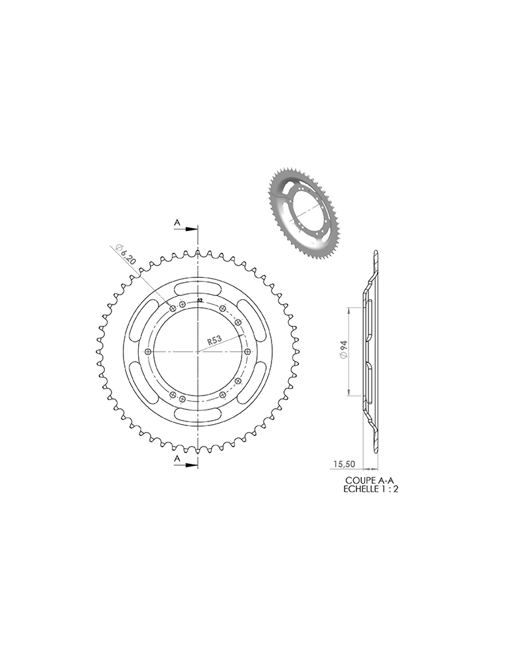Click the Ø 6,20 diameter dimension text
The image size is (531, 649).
[125, 255]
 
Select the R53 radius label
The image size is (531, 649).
[214, 339]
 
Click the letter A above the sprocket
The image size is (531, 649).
[177, 222]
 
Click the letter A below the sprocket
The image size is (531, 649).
[177, 459]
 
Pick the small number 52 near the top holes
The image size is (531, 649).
[200, 301]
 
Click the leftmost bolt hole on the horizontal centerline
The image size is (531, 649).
[147, 351]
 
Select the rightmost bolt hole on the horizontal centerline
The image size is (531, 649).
[248, 351]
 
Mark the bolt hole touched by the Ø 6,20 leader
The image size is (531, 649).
[173, 308]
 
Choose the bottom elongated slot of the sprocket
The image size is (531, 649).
[198, 415]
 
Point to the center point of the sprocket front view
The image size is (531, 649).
[198, 351]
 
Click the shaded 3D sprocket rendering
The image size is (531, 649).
[302, 212]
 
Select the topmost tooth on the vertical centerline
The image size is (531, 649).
[198, 252]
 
